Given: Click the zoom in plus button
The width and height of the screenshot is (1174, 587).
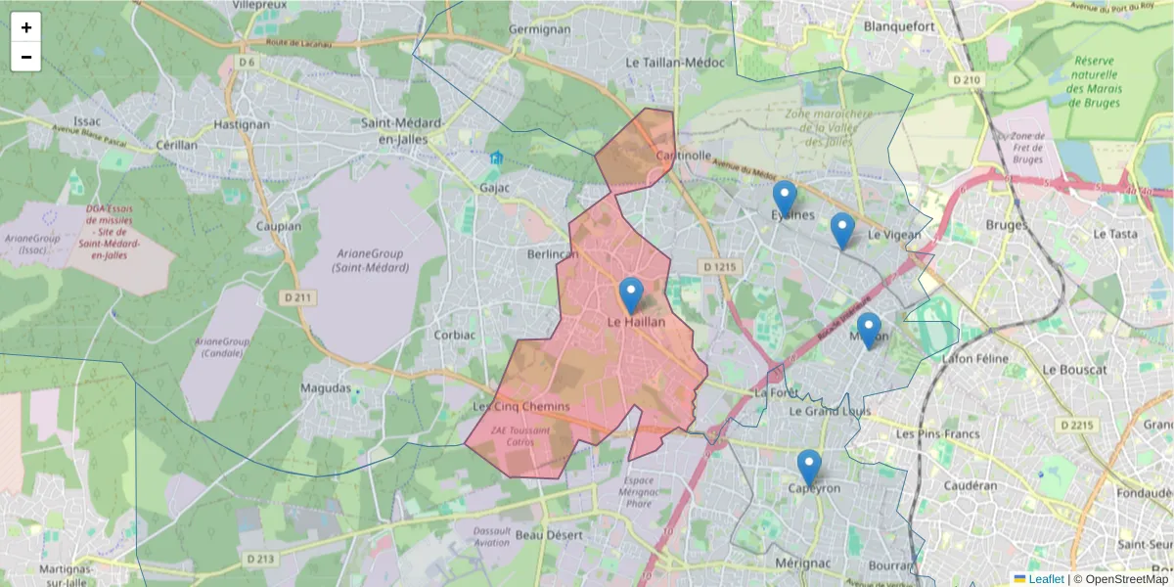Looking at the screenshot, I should coord(26,27).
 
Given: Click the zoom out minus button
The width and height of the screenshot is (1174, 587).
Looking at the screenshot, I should coord(26,57).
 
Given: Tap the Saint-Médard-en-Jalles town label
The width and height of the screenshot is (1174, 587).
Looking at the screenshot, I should coord(402,130).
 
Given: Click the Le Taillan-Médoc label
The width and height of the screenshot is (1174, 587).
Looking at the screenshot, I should coord(675,62).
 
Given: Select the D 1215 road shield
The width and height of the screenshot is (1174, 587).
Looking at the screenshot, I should coord(719,266).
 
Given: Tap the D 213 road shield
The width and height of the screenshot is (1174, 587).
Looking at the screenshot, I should coord(260,559).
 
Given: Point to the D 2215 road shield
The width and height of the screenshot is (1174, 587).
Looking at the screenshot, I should coord(1078,426).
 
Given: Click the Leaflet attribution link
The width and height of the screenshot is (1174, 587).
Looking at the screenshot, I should coord(1045,579).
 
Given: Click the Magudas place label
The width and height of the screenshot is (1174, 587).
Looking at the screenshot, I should coord(325,388).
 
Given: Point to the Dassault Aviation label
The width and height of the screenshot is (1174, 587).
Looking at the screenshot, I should coord(492,536).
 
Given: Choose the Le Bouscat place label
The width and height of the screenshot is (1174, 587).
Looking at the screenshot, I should coord(1074,370).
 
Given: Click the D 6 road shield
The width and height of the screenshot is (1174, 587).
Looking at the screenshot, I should coord(247,63).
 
